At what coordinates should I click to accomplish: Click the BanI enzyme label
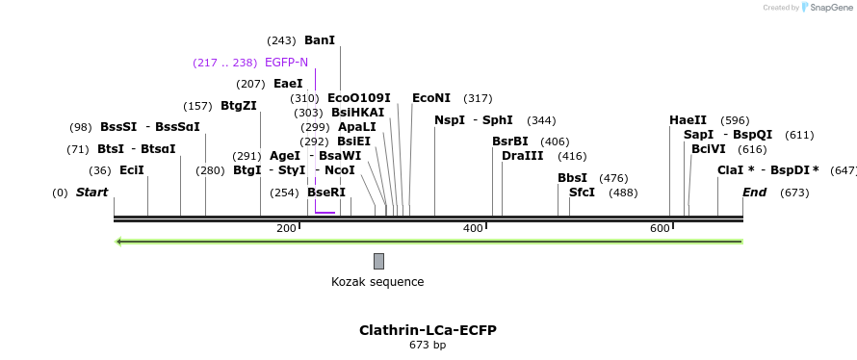pos(319,40)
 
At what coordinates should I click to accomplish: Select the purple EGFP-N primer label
pos(286,63)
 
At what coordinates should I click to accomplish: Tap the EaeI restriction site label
pos(288,84)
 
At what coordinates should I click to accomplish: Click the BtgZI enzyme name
pos(239,106)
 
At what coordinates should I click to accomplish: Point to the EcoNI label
pos(430,98)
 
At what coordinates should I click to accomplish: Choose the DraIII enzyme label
pos(522,156)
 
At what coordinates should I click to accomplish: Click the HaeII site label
pos(688,120)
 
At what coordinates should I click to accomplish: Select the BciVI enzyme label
pos(708,149)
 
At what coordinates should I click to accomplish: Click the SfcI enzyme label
pos(582,193)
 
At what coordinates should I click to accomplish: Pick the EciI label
pos(132,170)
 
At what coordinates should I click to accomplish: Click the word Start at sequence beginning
pos(91,193)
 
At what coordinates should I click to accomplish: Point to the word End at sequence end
pos(754,193)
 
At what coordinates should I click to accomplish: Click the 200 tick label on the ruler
pos(286,228)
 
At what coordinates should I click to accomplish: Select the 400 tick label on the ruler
pos(473,228)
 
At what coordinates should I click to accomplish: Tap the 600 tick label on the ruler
pos(660,228)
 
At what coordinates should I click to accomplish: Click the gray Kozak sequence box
pos(378,261)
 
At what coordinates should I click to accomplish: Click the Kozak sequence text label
pos(377,282)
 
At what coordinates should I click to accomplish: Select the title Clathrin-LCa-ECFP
pos(428,330)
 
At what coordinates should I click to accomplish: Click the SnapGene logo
pos(825,8)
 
